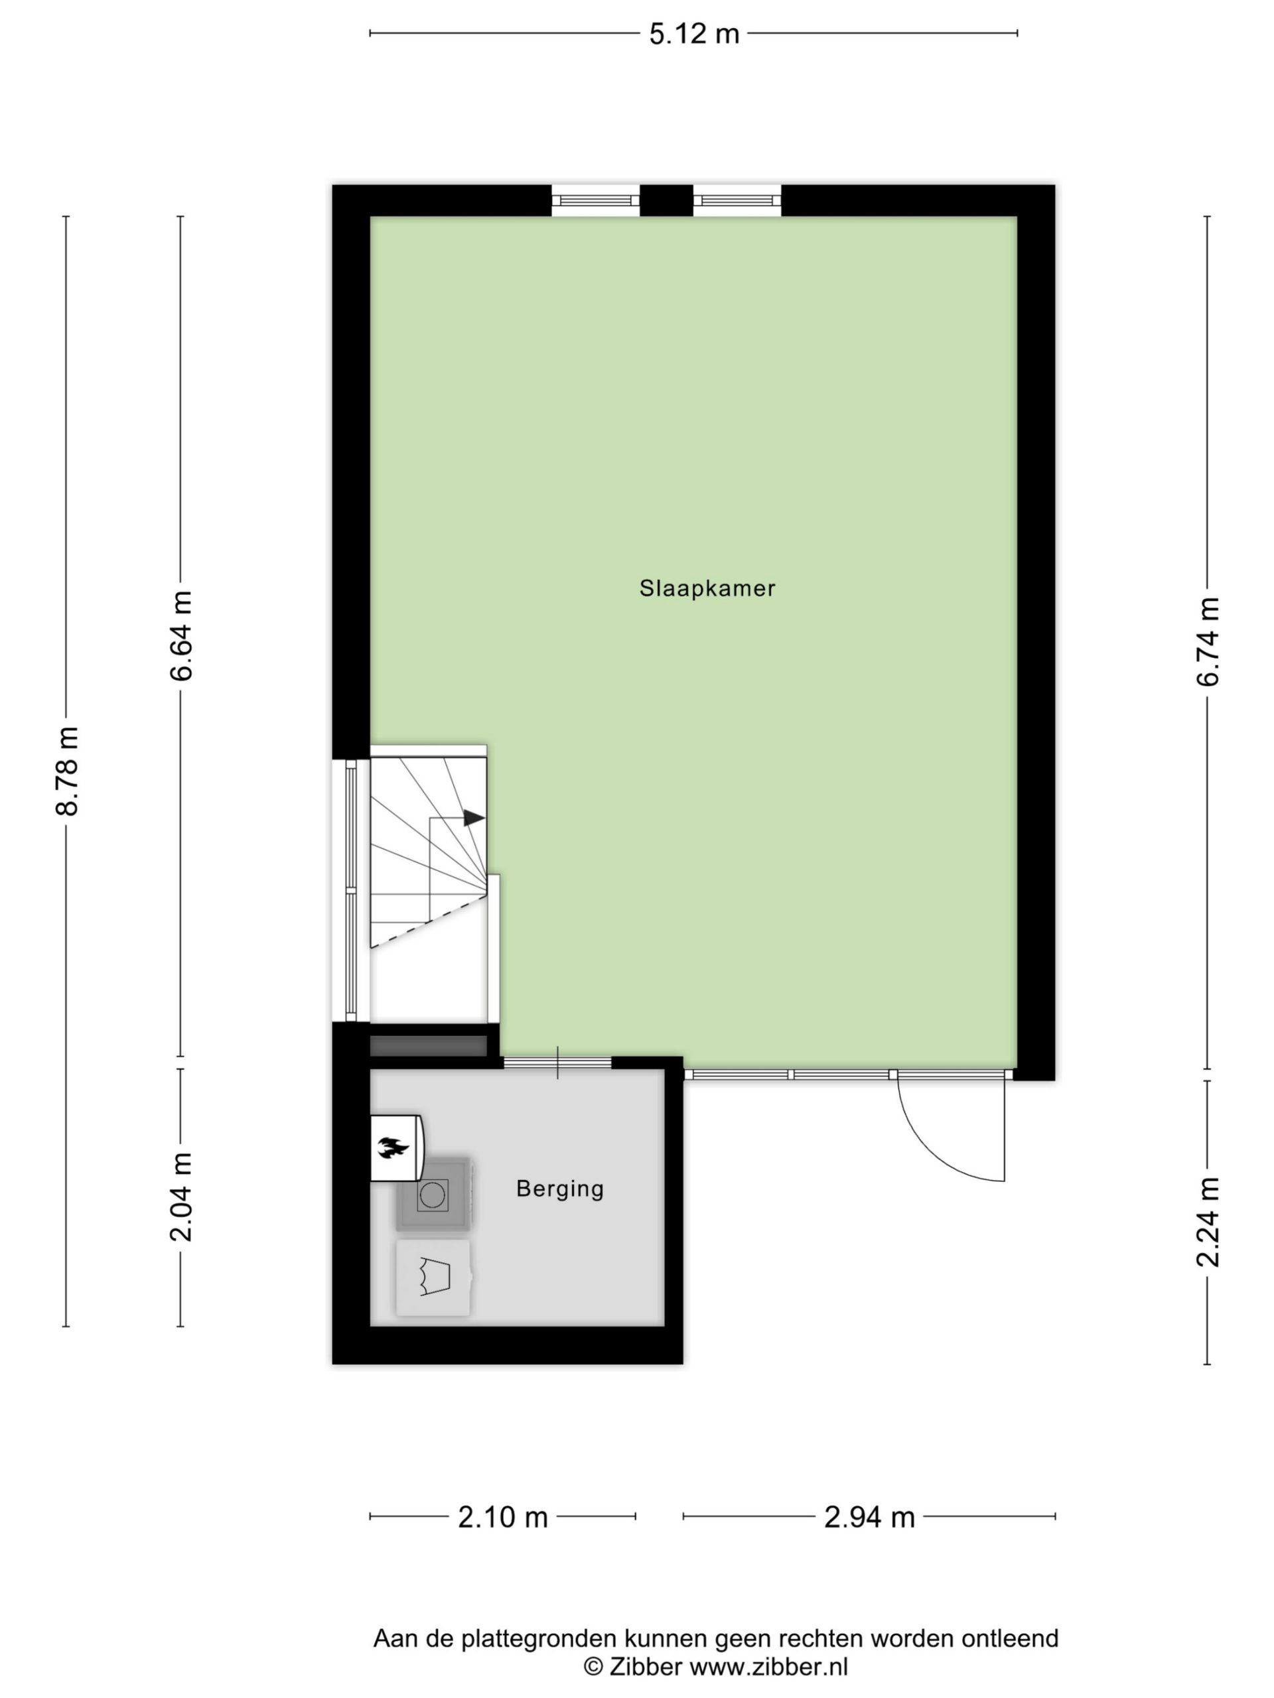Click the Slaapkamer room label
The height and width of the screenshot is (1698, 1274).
[707, 589]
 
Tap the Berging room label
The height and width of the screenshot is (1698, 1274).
[559, 1189]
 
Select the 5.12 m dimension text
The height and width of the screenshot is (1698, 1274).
[693, 34]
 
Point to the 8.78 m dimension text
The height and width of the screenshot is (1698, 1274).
[68, 771]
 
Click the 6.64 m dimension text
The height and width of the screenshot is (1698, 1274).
[181, 635]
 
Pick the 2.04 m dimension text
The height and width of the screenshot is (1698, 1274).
[181, 1197]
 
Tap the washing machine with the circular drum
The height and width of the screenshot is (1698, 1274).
[433, 1195]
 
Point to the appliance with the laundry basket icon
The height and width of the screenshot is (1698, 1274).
[433, 1279]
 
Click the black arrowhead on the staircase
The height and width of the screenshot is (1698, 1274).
[473, 818]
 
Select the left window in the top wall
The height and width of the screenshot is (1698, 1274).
[595, 200]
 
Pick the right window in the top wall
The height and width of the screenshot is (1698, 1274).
[737, 200]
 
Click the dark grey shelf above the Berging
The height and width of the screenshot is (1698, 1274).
[429, 1045]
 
